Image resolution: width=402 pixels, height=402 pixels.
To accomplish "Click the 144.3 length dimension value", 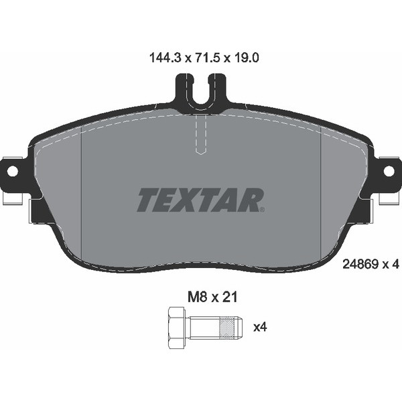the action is [x=165, y=58].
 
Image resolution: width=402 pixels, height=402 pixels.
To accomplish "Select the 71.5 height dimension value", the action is [x=207, y=58].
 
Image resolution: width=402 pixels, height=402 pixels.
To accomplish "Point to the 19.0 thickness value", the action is [x=246, y=58].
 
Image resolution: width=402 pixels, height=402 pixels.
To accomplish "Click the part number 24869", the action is [x=360, y=264].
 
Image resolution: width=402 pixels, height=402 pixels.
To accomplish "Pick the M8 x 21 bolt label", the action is [x=212, y=297].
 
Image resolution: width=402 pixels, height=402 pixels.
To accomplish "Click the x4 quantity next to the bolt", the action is [x=260, y=328].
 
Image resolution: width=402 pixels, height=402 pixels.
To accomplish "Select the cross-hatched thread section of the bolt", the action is [x=227, y=328].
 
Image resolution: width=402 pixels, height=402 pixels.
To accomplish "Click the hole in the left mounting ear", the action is [x=13, y=171].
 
